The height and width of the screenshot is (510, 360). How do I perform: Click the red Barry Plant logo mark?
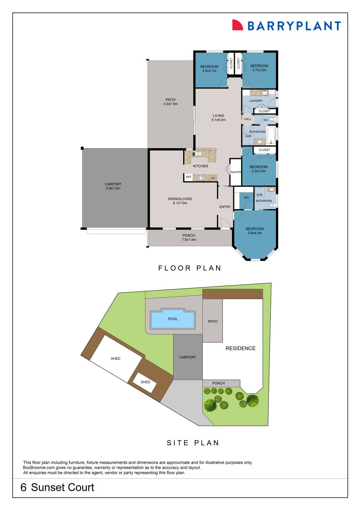coord(238,25)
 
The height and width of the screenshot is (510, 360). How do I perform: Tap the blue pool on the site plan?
coord(172,320)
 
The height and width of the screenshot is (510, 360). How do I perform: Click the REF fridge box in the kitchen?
coord(188,177)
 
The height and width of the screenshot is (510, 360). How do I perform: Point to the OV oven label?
coord(212,178)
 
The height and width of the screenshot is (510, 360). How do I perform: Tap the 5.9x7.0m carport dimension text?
coord(113,188)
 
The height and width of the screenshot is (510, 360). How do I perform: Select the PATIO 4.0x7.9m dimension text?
coord(171,104)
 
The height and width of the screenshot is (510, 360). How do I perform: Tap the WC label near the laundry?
coord(265,120)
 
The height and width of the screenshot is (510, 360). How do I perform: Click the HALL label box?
coord(248,119)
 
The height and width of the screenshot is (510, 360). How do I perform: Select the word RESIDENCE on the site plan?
coord(240,348)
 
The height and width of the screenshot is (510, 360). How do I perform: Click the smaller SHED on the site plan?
coord(145,382)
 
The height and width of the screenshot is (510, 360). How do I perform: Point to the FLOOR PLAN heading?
coord(190,268)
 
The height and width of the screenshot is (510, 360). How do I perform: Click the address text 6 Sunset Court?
coord(58,487)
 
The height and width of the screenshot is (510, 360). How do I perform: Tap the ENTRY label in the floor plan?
coord(225,207)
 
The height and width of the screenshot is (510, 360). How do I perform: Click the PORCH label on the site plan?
coord(218,383)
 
